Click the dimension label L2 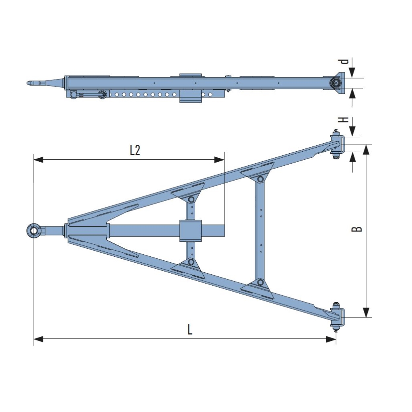coord(135,150)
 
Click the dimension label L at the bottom coord(190,330)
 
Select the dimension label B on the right coord(357,229)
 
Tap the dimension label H coord(342,120)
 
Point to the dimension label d coord(343,62)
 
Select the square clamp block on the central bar coord(190,231)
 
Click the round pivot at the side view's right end coord(336,83)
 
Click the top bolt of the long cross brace coord(261,179)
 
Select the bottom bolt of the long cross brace coord(261,282)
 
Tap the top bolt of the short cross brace coord(191,200)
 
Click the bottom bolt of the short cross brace coord(191,262)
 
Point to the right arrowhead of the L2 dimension coord(220,160)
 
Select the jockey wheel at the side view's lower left coord(73,95)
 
